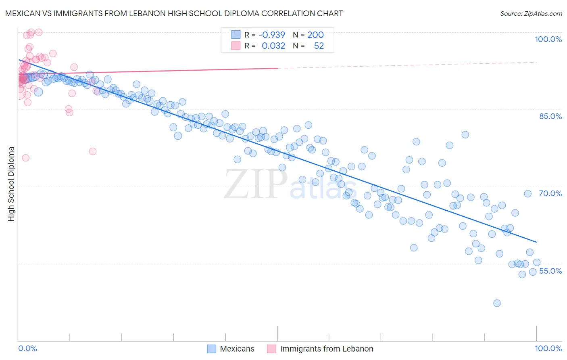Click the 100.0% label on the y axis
[548, 39]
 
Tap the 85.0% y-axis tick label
[550, 116]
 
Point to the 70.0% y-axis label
[550, 193]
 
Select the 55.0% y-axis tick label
[550, 271]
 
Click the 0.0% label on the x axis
[27, 348]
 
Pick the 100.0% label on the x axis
[548, 348]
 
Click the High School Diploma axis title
[11, 184]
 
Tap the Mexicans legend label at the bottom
[237, 349]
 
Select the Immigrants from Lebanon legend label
[326, 349]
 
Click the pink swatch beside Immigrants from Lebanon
[271, 349]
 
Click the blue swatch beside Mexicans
[212, 349]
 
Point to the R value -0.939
[272, 35]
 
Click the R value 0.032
[273, 46]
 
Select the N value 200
[315, 35]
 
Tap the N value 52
[319, 46]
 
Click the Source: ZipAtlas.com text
[531, 14]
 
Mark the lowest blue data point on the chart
[497, 303]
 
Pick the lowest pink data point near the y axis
[25, 158]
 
